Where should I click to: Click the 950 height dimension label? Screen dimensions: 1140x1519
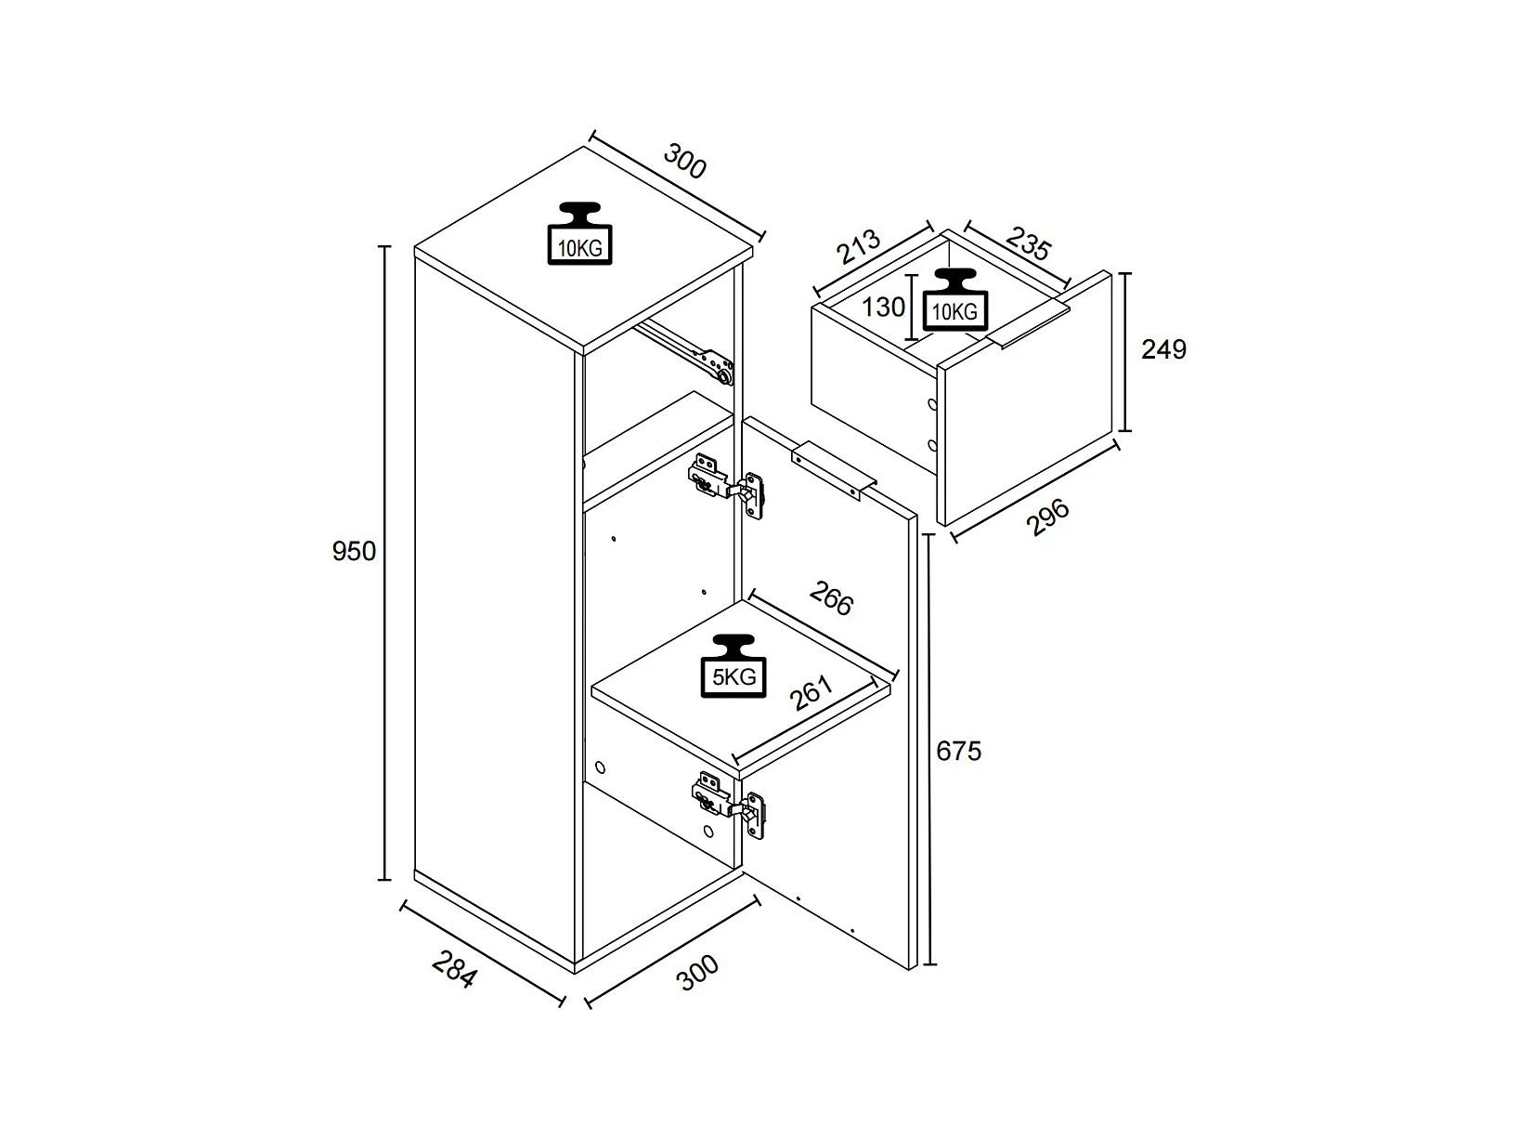coord(354,551)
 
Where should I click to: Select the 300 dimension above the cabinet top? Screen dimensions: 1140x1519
coord(685,163)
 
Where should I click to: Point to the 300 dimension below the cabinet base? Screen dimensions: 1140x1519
coord(698,972)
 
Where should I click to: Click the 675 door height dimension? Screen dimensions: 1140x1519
coord(958,750)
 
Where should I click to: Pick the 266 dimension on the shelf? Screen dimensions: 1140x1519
coord(831,598)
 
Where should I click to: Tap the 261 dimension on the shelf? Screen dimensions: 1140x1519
coord(811,693)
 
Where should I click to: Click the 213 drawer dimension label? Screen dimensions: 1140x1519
coord(858,246)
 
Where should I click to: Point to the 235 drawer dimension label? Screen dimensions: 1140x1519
coord(1028,244)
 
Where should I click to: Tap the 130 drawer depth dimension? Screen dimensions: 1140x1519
coord(883,307)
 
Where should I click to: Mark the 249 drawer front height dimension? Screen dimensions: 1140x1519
coord(1163,349)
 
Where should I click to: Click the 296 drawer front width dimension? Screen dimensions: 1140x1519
coord(1048,517)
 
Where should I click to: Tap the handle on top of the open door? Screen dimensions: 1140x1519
coord(834,471)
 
